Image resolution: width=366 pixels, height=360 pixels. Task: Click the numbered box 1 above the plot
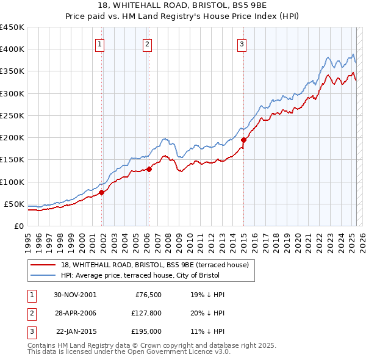click(99, 43)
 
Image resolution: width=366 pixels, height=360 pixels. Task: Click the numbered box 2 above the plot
click(147, 43)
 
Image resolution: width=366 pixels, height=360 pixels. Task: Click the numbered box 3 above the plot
click(242, 43)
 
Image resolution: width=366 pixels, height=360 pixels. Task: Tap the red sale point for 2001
click(102, 192)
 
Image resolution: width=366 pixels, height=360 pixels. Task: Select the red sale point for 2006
click(149, 169)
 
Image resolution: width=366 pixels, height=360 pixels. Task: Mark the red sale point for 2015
click(243, 140)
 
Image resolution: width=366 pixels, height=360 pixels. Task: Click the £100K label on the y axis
click(12, 182)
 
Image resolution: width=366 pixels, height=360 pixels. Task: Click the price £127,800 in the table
click(147, 313)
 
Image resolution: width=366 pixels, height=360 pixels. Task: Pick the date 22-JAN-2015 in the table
click(75, 331)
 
